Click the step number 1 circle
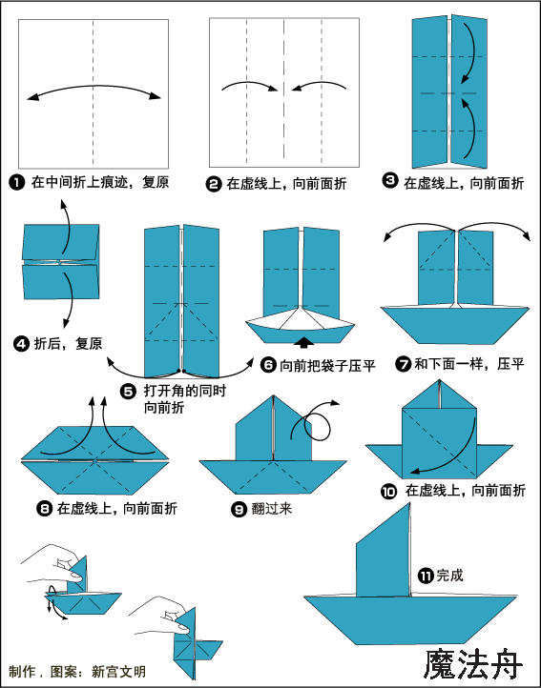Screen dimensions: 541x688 (17, 182)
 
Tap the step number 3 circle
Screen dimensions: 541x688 (390, 180)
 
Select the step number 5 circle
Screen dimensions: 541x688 (128, 391)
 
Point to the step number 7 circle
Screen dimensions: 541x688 (403, 364)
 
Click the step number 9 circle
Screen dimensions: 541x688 (239, 509)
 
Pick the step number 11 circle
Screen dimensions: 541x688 (426, 576)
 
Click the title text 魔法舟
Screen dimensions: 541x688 (473, 664)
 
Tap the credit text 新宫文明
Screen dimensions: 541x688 (118, 672)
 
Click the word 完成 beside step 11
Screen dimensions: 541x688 (449, 576)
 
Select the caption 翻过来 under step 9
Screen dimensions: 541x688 (272, 509)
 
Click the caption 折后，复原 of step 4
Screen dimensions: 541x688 (68, 344)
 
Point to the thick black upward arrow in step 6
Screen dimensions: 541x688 (303, 342)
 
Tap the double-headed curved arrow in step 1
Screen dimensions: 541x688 (94, 86)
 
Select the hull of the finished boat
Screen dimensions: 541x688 (410, 620)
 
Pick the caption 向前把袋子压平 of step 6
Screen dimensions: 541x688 (328, 365)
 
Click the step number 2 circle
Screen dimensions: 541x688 (214, 183)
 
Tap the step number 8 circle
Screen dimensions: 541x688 (45, 509)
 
